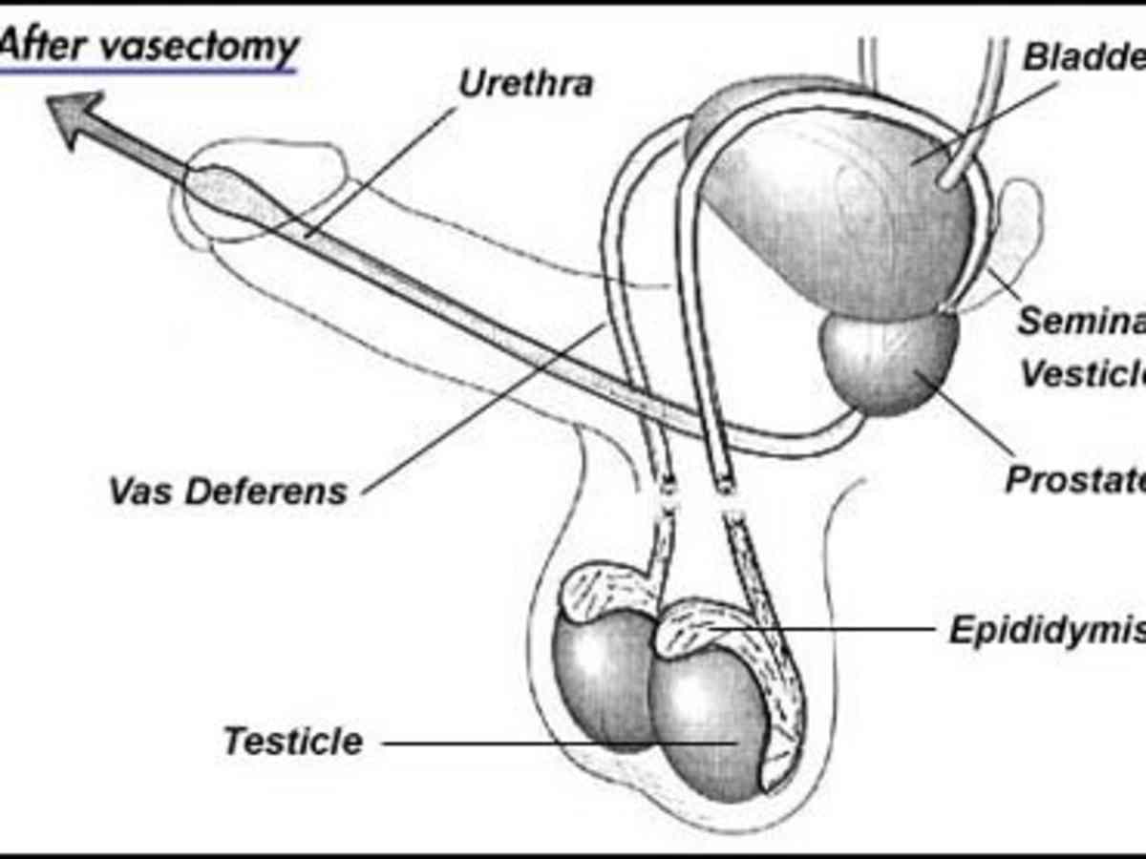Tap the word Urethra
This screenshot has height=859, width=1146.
525,83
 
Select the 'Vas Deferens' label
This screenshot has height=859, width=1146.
227,492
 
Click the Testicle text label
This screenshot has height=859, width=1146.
293,742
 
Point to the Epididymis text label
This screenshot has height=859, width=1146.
1046,630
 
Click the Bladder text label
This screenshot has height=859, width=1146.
1084,56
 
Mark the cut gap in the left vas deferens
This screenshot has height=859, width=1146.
666,497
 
